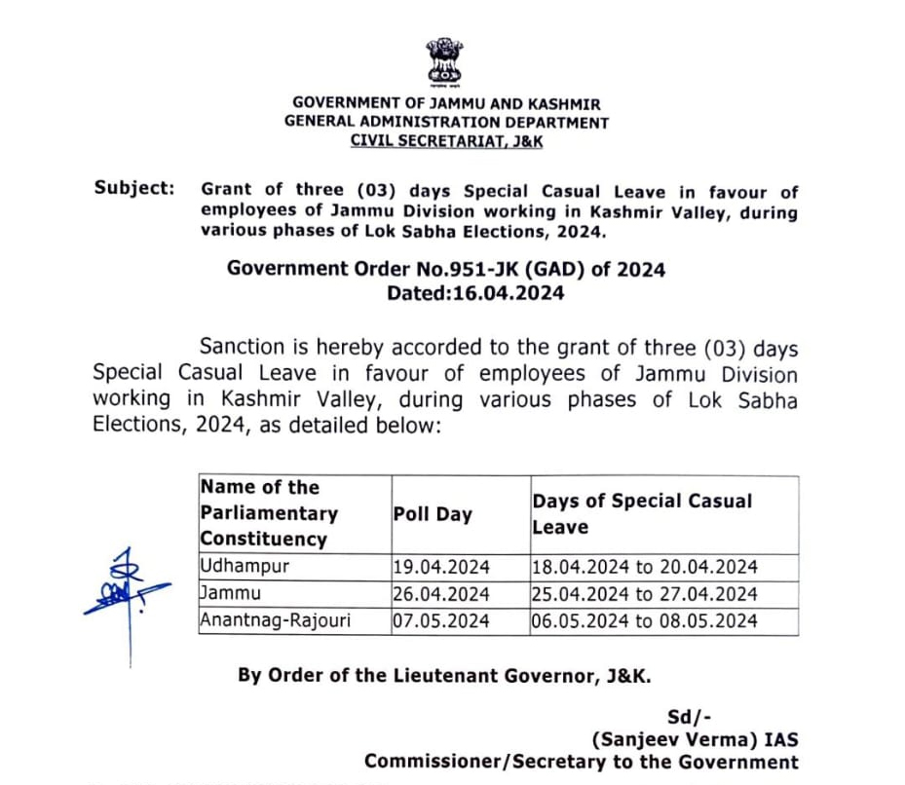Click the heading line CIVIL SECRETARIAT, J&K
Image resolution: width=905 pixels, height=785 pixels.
click(x=446, y=141)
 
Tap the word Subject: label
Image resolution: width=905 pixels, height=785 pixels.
click(x=134, y=188)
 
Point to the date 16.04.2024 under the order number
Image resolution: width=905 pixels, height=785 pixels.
click(x=504, y=292)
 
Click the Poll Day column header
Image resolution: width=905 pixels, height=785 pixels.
click(x=432, y=514)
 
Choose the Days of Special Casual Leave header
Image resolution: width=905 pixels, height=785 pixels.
click(x=642, y=513)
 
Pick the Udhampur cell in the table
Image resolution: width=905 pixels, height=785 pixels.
click(x=231, y=566)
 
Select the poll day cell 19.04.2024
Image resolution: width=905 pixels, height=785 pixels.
click(x=441, y=567)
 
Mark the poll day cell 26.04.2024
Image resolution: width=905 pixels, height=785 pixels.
click(x=441, y=593)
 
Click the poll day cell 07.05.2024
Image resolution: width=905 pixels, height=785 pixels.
click(x=441, y=620)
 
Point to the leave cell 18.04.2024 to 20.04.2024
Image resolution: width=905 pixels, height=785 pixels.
click(x=645, y=567)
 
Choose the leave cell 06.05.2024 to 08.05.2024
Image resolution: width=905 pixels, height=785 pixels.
click(x=645, y=620)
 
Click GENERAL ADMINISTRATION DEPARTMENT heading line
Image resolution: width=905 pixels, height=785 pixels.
click(x=446, y=123)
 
